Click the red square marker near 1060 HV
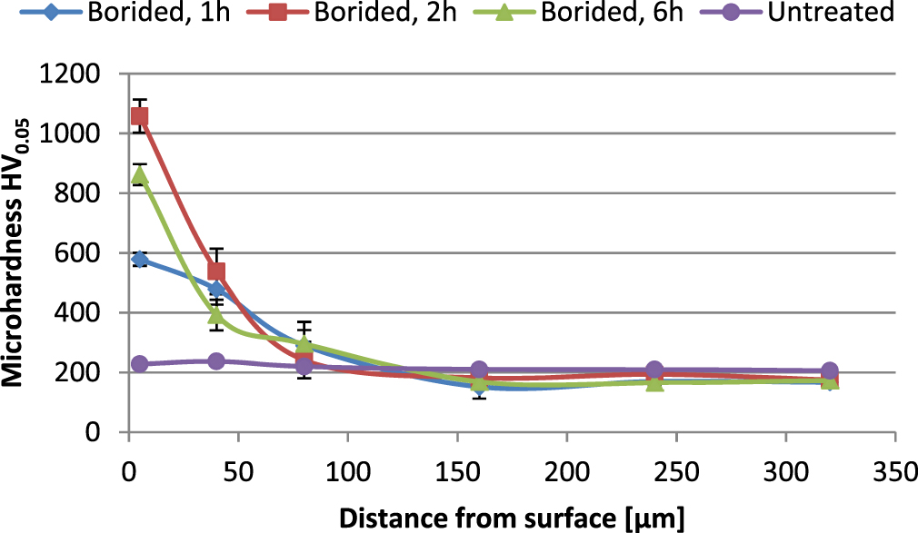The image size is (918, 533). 139,116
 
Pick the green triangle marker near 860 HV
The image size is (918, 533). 139,175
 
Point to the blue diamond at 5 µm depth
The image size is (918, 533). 139,260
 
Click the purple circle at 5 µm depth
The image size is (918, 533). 139,364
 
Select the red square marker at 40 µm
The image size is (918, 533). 216,271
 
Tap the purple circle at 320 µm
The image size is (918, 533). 830,371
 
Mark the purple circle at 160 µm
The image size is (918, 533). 479,370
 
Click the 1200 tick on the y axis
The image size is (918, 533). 76,74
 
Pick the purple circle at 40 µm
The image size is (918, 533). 216,361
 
